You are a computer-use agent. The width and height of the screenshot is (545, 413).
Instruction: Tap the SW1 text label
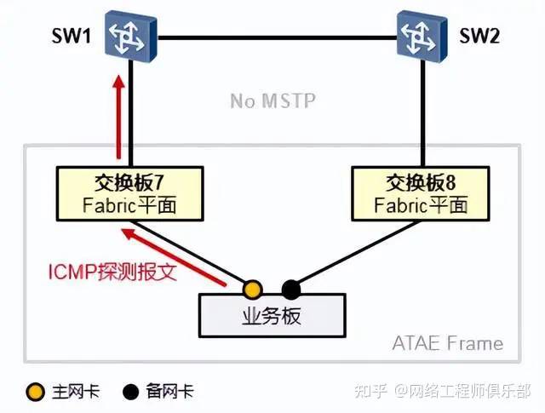(x=71, y=36)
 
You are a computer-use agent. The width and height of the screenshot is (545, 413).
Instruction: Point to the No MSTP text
(x=272, y=100)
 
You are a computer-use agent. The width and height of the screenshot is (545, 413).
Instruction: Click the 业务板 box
(x=272, y=316)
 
